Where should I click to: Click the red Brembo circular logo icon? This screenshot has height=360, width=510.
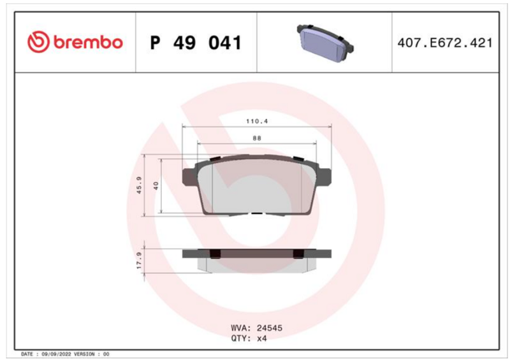pyautogui.click(x=38, y=42)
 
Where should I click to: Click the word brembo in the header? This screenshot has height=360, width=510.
pyautogui.click(x=88, y=42)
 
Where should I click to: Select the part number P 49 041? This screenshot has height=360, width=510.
pyautogui.click(x=196, y=43)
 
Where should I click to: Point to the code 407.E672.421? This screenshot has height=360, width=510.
pyautogui.click(x=445, y=43)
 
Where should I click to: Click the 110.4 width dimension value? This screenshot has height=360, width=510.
pyautogui.click(x=257, y=121)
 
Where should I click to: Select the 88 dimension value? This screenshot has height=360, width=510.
pyautogui.click(x=257, y=138)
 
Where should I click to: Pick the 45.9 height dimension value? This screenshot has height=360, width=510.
pyautogui.click(x=139, y=185)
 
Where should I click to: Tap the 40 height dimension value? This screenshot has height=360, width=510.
pyautogui.click(x=156, y=186)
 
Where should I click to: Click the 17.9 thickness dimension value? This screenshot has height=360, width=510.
pyautogui.click(x=139, y=261)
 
